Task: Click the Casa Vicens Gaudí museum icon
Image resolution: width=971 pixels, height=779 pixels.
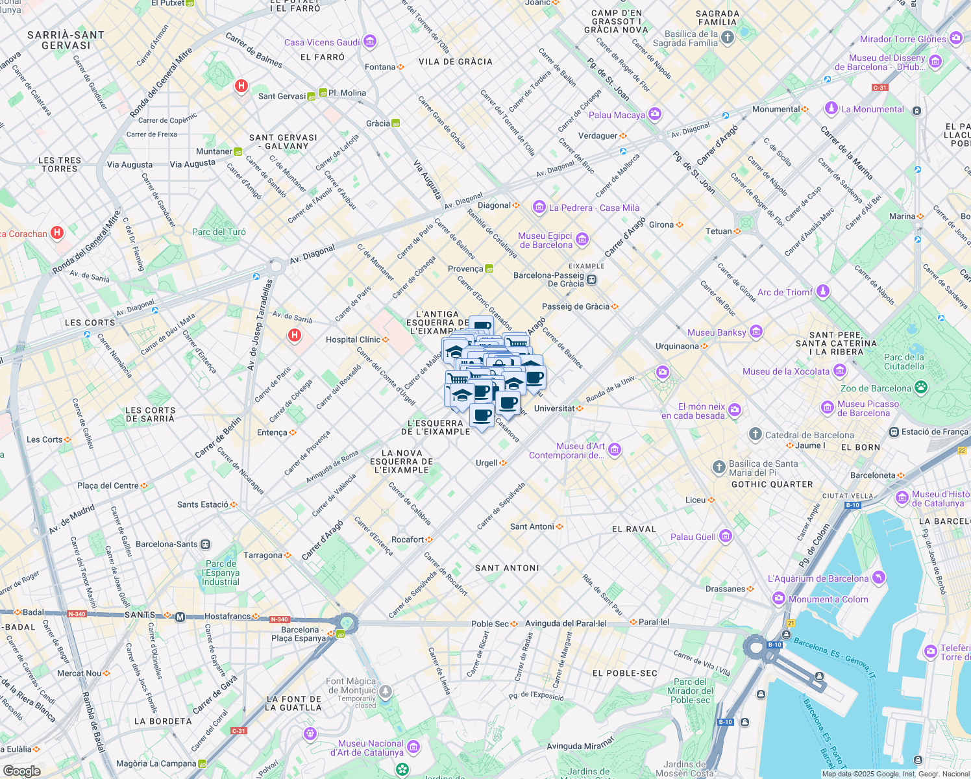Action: [x=370, y=42]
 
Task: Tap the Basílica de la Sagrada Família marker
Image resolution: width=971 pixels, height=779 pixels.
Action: [x=728, y=38]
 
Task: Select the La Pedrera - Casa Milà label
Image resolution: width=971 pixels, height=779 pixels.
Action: [x=594, y=208]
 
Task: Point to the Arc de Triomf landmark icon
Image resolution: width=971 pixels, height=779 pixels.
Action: [x=823, y=291]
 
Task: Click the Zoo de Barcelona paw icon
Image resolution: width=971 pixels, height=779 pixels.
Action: [x=921, y=388]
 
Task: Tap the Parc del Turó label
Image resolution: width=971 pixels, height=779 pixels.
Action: [x=219, y=232]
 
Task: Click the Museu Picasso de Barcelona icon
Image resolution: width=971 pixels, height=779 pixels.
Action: [x=828, y=408]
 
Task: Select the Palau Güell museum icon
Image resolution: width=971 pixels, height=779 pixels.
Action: [x=726, y=536]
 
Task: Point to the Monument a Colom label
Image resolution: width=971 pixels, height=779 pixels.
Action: [x=828, y=599]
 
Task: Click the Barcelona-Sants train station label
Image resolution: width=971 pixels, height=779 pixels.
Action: [x=167, y=544]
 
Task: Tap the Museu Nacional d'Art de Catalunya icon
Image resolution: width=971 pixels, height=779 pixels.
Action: [x=413, y=747]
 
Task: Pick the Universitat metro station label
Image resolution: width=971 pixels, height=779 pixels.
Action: [x=554, y=408]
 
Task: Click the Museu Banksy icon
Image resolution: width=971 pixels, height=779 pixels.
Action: [x=756, y=332]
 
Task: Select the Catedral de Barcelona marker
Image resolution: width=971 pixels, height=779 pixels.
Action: [x=755, y=434]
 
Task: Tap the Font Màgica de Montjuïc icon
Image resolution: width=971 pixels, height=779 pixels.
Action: [x=386, y=692]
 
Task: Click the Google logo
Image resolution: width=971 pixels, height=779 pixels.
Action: [x=22, y=771]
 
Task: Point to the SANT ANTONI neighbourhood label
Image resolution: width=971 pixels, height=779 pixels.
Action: [x=507, y=568]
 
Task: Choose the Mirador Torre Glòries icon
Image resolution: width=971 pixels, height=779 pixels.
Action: [x=956, y=38]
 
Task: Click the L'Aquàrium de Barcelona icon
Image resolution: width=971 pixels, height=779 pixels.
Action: [x=878, y=577]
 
